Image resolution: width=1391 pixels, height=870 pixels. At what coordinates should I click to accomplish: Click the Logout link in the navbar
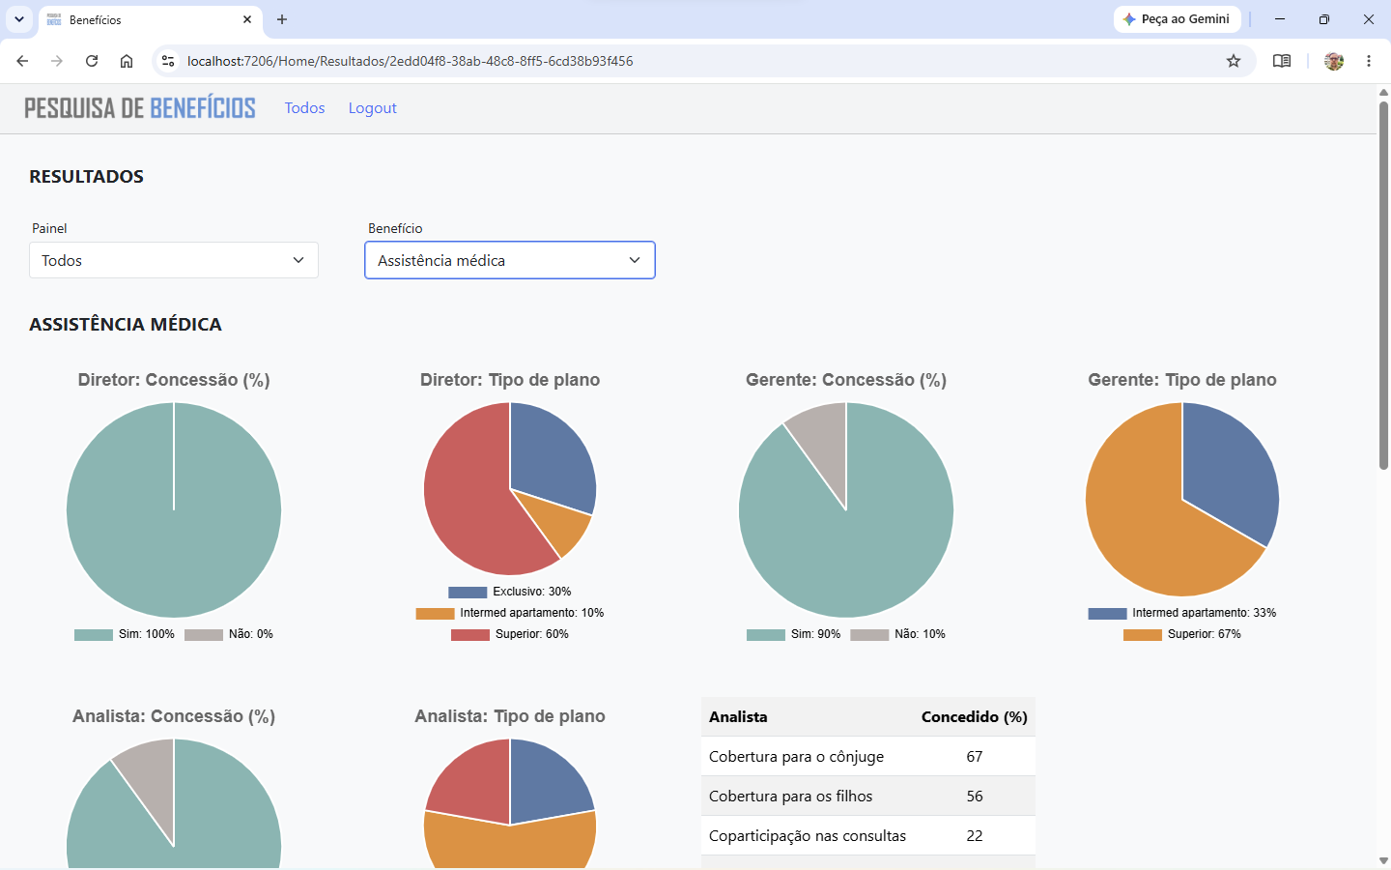(x=372, y=108)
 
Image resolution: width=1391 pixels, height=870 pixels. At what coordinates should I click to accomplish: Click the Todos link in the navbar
(x=304, y=108)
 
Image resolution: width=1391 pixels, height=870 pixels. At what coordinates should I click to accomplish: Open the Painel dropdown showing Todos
(x=174, y=260)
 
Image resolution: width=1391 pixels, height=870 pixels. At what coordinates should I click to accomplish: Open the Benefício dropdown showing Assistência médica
(x=510, y=260)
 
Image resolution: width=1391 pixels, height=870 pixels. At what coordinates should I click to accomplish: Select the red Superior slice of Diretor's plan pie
(x=466, y=497)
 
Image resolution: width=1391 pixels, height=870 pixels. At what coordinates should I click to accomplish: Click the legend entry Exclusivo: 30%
(x=509, y=592)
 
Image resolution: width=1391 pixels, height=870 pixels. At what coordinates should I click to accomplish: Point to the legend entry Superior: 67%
(x=1181, y=634)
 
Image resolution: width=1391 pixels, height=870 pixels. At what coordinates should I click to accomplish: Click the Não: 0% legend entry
(x=229, y=634)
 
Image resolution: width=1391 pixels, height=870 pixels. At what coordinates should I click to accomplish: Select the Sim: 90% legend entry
(x=793, y=634)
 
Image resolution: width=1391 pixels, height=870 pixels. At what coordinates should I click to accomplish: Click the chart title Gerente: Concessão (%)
(x=846, y=380)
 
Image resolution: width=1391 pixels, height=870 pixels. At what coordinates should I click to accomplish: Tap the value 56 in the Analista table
(x=975, y=797)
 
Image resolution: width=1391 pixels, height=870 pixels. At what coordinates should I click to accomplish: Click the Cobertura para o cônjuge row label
(x=796, y=756)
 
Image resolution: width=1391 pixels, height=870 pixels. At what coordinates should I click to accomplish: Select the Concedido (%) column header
(x=975, y=717)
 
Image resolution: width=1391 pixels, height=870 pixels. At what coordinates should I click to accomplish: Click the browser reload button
(x=92, y=61)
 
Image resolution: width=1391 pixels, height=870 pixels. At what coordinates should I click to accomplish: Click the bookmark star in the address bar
(x=1234, y=61)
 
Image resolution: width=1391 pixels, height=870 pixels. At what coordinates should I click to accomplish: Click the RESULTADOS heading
(x=86, y=177)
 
